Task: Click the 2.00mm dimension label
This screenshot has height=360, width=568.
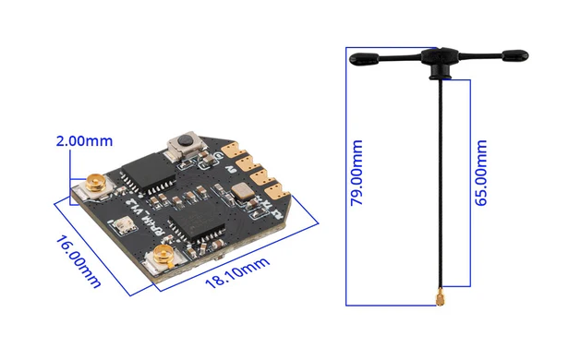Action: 84,141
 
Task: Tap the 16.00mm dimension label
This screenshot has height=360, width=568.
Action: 79,261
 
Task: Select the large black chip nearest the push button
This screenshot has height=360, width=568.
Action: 148,170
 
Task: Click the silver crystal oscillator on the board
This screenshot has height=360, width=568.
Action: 241,193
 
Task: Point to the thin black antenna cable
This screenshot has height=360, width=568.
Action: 436,185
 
